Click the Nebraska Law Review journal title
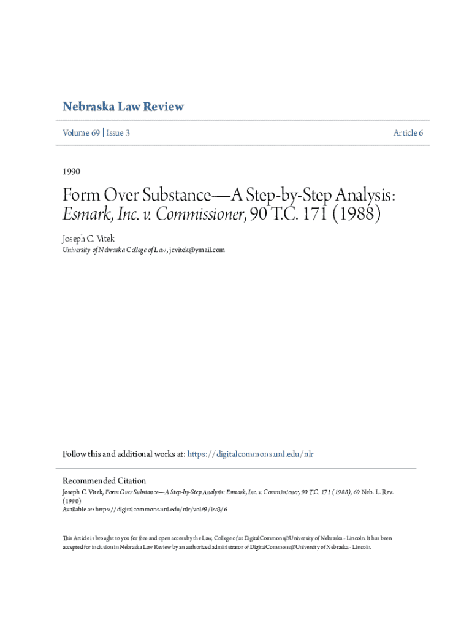pos(123,107)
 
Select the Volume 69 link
pos(81,132)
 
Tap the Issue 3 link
pos(118,132)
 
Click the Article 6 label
pos(408,132)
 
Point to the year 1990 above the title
pos(72,171)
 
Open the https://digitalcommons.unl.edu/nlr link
pos(250,454)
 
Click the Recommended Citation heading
pos(104,480)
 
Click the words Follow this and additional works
pos(116,454)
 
